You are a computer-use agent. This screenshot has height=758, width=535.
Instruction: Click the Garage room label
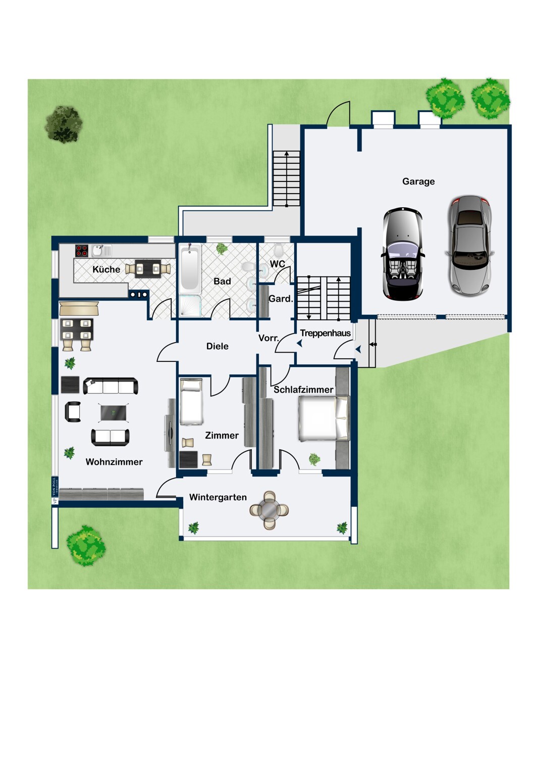[418, 181]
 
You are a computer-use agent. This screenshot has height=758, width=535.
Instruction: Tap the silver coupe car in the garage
[469, 246]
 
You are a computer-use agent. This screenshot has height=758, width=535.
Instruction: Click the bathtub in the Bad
[190, 268]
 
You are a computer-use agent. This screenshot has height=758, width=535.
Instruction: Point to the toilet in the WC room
[278, 250]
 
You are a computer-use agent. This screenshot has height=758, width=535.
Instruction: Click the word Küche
[106, 269]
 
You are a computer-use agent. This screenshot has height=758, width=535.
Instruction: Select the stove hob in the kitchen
[82, 251]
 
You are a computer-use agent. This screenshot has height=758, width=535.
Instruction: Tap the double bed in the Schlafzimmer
[324, 418]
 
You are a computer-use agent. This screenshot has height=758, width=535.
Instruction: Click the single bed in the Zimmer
[191, 402]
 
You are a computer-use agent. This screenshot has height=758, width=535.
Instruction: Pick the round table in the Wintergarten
[270, 510]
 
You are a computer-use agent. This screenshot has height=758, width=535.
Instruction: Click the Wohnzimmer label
[114, 462]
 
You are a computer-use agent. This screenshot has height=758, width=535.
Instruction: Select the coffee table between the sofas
[114, 413]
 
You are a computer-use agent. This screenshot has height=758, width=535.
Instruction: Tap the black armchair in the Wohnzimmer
[73, 412]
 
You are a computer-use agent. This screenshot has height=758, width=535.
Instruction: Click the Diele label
[217, 346]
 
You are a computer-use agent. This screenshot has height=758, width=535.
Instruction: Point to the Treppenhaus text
[325, 333]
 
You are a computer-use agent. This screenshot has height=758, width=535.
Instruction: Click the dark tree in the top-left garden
[64, 124]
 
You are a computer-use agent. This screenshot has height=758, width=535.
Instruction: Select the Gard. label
[281, 299]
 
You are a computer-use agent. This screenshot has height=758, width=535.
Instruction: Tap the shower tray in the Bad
[190, 306]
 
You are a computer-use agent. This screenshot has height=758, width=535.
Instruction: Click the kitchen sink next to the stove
[98, 251]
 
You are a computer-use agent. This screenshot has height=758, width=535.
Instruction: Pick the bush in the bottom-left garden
[86, 545]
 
